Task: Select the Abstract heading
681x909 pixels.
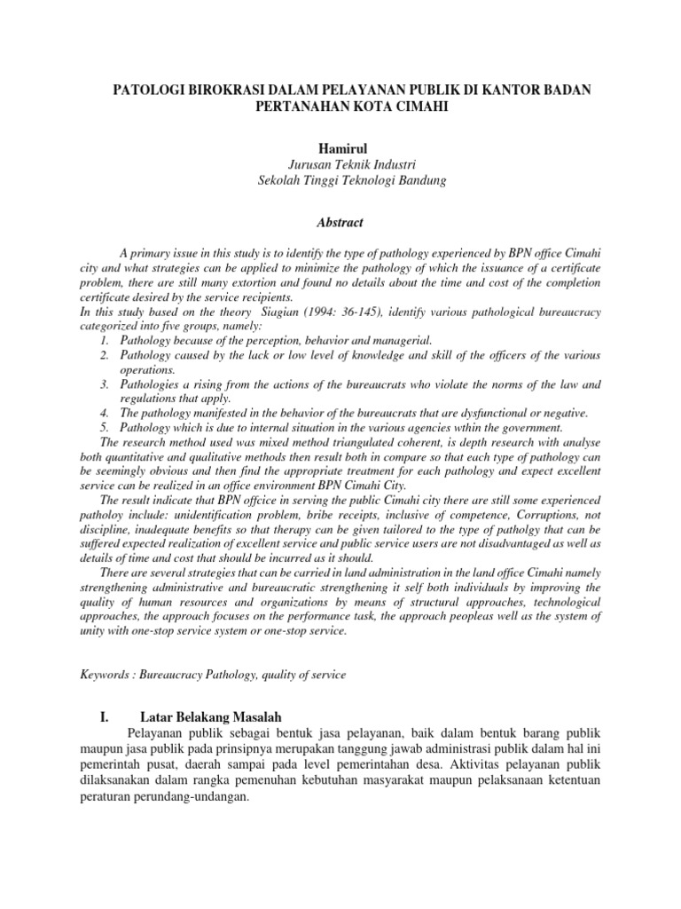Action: point(340,222)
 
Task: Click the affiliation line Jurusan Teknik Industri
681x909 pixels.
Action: point(340,164)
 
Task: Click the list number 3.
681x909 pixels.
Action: point(104,384)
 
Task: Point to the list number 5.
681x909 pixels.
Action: point(104,427)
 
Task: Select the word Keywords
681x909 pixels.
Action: point(104,676)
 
